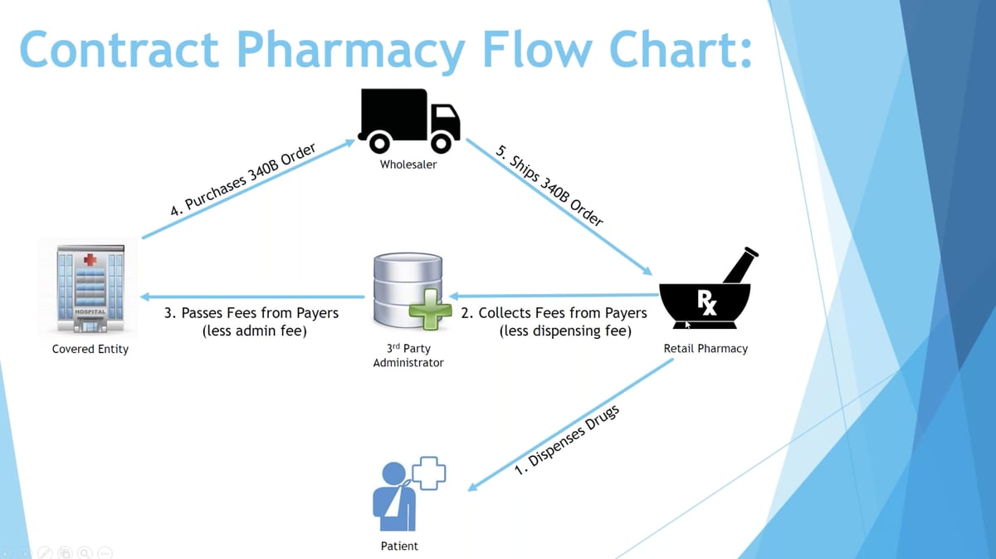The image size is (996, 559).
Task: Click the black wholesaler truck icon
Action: coord(408,120)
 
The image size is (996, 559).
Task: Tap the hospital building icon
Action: coord(89,288)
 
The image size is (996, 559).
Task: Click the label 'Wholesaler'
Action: coord(408,164)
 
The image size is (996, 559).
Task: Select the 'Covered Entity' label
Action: coord(90,350)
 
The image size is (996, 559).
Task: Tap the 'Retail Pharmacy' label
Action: coord(705,349)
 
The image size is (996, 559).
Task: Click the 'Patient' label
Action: coord(399,547)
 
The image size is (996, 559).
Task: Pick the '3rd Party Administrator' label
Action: coord(408,356)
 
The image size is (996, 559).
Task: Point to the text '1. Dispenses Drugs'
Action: coord(567,441)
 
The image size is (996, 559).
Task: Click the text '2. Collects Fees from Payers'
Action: coord(554,313)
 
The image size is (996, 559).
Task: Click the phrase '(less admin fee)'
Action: coord(255,331)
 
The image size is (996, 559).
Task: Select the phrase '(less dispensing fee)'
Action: coord(565,331)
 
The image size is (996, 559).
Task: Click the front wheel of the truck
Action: coord(441,143)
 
